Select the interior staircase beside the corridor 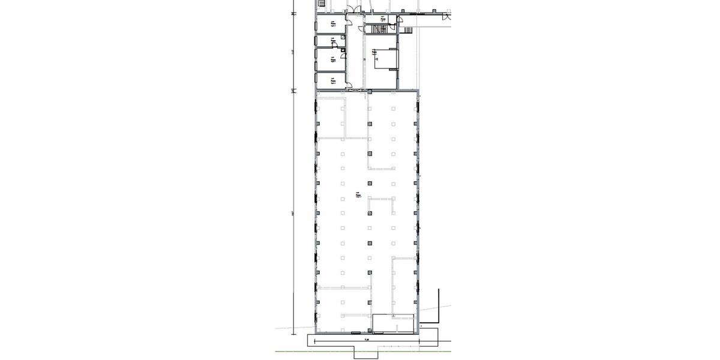(379, 28)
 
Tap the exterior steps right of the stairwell (407, 29)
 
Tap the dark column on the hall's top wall (370, 91)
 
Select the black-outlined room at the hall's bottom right (394, 323)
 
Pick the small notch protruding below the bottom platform (365, 353)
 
